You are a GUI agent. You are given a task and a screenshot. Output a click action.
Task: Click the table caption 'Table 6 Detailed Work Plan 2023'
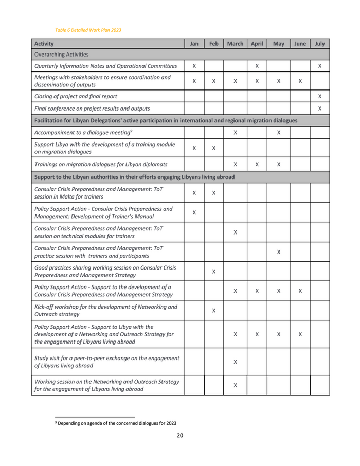coord(88,30)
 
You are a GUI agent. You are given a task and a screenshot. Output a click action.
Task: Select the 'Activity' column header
coord(44,44)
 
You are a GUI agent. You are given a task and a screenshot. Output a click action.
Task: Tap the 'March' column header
coord(235,44)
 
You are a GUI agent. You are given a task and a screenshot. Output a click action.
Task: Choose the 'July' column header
coord(319,44)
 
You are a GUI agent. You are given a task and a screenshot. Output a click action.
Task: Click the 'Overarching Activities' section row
coord(61,54)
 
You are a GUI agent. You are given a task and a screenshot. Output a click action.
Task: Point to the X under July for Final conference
coord(320,109)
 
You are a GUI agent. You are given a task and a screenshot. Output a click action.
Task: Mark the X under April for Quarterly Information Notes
coord(257,66)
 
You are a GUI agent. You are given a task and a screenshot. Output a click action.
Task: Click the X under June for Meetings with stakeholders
coord(300,81)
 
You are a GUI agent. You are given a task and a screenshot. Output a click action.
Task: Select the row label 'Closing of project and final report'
coord(76,96)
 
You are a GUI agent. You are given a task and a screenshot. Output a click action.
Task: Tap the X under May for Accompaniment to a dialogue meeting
coord(278,133)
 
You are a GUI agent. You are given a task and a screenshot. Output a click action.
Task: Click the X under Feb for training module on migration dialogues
coord(213,148)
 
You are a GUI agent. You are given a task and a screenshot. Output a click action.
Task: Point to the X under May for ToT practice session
coord(278,252)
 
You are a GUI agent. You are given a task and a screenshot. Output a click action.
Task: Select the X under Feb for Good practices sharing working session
coord(213,271)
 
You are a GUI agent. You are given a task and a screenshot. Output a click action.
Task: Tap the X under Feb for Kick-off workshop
coord(213,310)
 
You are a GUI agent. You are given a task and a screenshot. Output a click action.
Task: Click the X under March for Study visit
coord(235,362)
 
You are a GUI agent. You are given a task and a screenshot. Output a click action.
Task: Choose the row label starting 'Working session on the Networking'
coord(106,385)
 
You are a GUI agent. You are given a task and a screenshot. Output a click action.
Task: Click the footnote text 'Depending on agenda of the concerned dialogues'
coord(117,423)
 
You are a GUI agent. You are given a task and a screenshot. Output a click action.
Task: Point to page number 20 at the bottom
coord(180,436)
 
